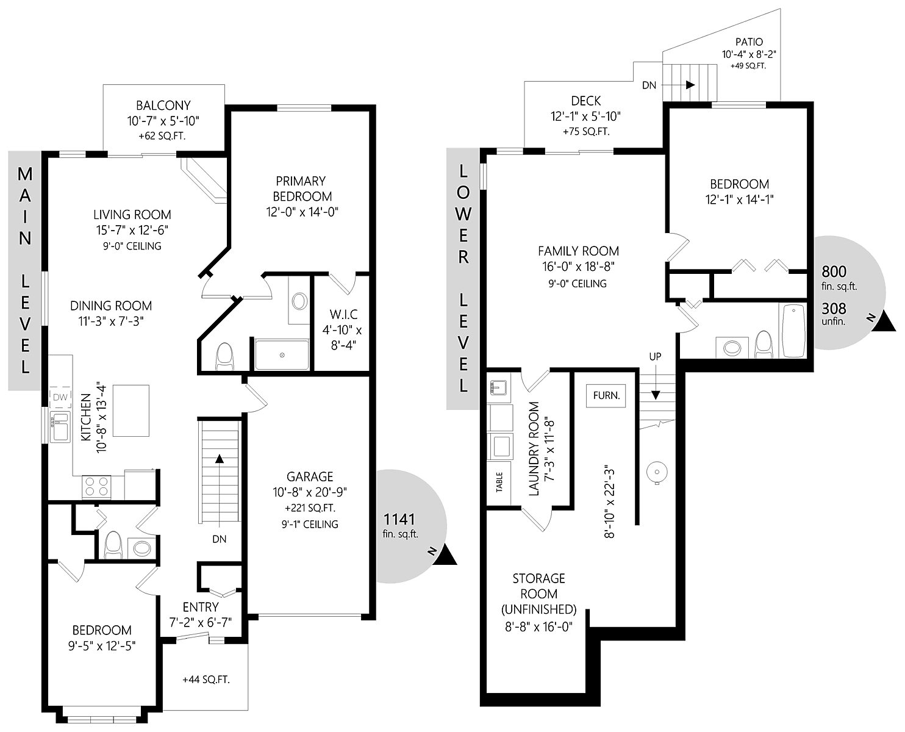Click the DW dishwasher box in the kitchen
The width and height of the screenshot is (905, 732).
coord(60,397)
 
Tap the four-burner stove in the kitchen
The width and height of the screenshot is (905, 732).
coord(96,487)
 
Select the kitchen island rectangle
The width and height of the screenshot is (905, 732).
coord(131,411)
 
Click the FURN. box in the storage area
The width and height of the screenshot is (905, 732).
coord(606,395)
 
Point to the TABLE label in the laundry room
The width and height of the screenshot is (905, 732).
coord(499,482)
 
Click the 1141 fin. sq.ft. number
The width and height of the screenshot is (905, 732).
coord(399,519)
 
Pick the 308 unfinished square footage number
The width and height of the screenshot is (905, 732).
coord(834,309)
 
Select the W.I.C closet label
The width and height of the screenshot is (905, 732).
coord(344,315)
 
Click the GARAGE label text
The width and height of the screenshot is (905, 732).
coord(310,476)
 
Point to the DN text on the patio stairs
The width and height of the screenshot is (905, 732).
coord(649,85)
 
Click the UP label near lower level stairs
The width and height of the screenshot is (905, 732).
coord(655,357)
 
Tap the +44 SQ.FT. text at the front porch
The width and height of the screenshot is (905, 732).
coord(206,680)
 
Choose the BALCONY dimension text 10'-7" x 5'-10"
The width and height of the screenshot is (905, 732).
coord(163,121)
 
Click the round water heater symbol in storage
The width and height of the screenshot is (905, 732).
coord(657,472)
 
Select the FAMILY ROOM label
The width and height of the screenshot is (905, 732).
coord(578,251)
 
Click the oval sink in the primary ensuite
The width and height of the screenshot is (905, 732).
coord(299,301)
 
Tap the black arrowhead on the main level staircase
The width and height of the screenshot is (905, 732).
coord(220,458)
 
